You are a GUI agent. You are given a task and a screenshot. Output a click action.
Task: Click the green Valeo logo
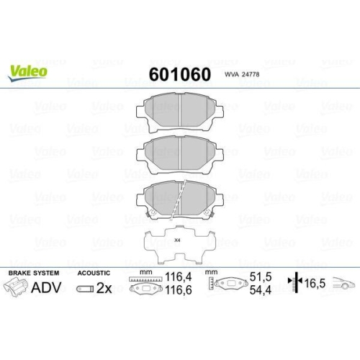(27, 73)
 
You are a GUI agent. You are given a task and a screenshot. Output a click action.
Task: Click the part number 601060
(180, 74)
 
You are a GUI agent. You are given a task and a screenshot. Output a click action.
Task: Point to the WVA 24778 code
(242, 74)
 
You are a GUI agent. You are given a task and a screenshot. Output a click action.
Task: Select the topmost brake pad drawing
(180, 112)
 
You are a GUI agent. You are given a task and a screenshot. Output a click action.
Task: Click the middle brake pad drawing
(180, 155)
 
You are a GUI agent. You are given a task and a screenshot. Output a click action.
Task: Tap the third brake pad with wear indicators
(180, 199)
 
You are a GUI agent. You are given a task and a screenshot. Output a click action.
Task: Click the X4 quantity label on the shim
(177, 240)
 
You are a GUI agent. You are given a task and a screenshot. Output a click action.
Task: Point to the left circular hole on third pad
(152, 212)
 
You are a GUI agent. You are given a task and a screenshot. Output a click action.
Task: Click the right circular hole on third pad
(207, 212)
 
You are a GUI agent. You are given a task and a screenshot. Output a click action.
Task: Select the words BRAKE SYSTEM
(34, 273)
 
